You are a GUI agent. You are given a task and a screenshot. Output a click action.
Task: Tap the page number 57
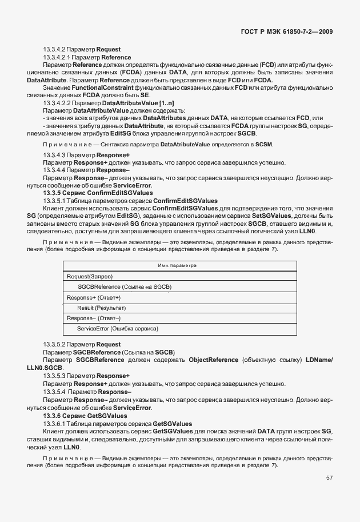[x=329, y=477]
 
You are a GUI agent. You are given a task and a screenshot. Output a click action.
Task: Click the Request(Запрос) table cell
[x=90, y=276]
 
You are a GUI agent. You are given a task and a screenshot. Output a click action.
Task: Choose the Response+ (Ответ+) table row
[x=94, y=297]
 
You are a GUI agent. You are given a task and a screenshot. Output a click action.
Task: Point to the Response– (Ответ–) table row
[x=94, y=318]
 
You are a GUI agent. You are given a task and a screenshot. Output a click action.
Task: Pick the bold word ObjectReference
[x=214, y=360]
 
